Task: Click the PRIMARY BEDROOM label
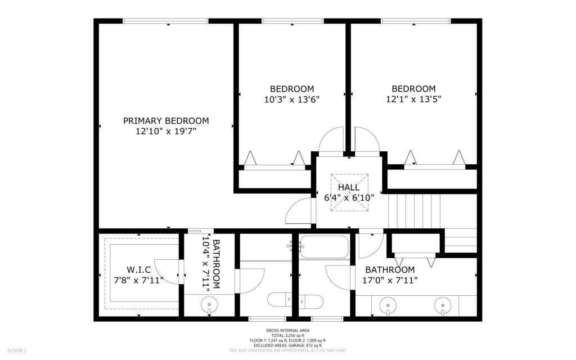pos(166,120)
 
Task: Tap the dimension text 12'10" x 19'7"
pos(166,132)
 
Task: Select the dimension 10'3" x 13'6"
pos(292,100)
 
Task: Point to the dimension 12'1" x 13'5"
pos(413,100)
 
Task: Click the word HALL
pos(349,187)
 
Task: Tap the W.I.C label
pos(138,269)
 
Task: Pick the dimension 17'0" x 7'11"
pos(390,280)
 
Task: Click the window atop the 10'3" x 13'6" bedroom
pos(292,21)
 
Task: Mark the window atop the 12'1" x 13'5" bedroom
pos(416,21)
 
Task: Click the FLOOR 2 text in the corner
pos(16,350)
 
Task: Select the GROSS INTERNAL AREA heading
pos(287,331)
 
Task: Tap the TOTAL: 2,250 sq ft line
pos(287,335)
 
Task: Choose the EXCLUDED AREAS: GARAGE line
pos(287,345)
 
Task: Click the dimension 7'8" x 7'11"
pos(138,280)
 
